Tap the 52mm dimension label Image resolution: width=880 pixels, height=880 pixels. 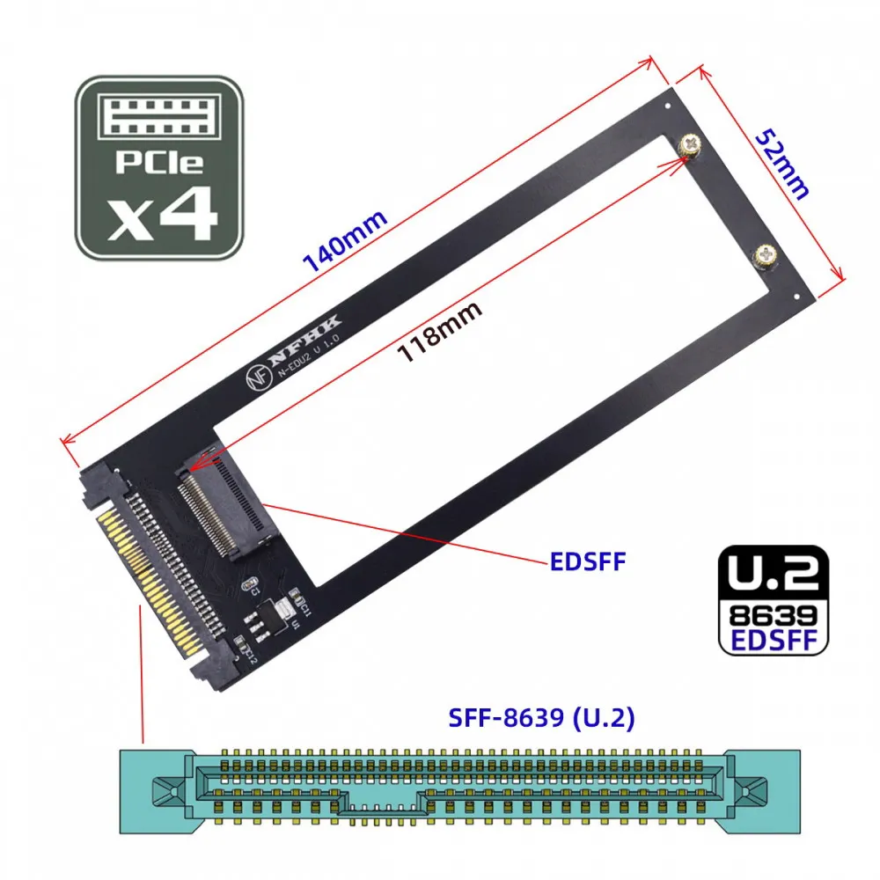coord(782,164)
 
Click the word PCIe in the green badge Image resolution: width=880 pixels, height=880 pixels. coord(158,164)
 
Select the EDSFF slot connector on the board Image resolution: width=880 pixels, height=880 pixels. coord(224,511)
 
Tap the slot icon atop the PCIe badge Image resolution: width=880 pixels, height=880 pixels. coord(158,117)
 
